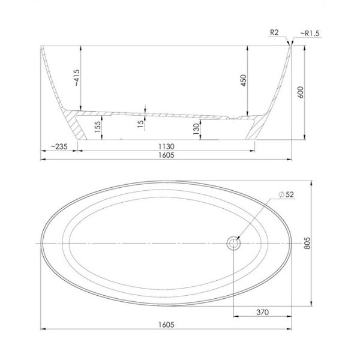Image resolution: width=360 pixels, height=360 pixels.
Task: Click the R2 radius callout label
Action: point(274,32)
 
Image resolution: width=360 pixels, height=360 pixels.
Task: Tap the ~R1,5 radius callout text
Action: point(310,34)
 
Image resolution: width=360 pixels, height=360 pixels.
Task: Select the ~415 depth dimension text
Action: point(77,78)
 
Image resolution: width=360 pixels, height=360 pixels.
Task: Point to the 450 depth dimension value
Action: point(244,80)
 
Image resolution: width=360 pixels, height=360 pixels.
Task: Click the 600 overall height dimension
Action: point(301,92)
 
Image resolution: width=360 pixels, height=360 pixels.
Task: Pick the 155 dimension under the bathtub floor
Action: point(98,127)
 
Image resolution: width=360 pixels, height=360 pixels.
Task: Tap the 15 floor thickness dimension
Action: point(140,124)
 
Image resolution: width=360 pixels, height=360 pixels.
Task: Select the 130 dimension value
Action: point(196,129)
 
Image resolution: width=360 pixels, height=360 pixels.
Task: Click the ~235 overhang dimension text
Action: point(59,146)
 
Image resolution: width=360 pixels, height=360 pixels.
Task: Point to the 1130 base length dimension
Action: point(166,146)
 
